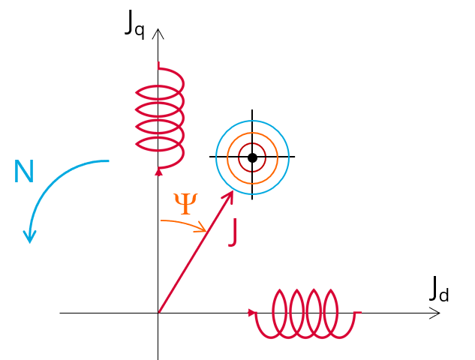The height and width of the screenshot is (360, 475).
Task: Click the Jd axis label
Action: (x=440, y=289)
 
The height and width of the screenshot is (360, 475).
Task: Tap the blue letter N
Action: (x=24, y=173)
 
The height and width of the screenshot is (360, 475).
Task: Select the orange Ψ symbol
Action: (x=185, y=203)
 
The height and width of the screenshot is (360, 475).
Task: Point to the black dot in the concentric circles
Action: (x=252, y=157)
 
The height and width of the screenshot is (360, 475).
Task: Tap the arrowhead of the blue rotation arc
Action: (x=29, y=237)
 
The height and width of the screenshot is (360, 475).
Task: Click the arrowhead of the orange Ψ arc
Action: (x=202, y=229)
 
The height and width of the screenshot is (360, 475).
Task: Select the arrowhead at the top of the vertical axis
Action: (x=158, y=33)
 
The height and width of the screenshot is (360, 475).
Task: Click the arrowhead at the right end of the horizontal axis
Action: (x=434, y=313)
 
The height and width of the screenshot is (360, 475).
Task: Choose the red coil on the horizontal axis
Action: (x=306, y=313)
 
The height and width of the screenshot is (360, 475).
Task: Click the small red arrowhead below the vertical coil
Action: (x=158, y=172)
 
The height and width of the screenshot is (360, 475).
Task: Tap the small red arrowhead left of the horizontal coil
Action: (x=251, y=313)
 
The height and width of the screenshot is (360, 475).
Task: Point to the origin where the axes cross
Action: (x=158, y=313)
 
